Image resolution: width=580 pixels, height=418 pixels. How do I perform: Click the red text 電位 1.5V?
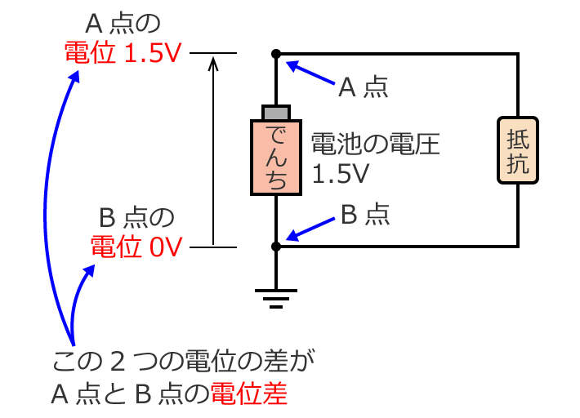click(123, 54)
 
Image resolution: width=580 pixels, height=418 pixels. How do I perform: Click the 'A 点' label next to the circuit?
click(364, 87)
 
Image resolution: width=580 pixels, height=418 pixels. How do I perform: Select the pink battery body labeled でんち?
click(277, 158)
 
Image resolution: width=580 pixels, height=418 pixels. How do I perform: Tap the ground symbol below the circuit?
click(277, 297)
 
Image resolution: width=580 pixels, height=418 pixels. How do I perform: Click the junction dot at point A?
click(277, 54)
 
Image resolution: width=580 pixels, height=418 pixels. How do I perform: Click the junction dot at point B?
click(277, 246)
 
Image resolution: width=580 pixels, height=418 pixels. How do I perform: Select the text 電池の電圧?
click(375, 145)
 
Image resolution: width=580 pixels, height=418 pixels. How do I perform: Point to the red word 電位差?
click(249, 395)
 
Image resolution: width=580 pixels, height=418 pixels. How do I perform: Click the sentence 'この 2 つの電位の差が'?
click(183, 360)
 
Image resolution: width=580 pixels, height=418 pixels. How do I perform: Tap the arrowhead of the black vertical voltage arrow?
click(213, 63)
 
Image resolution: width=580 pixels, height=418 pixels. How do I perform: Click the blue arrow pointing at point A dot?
click(310, 73)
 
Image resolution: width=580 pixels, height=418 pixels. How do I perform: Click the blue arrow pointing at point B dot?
click(309, 233)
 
